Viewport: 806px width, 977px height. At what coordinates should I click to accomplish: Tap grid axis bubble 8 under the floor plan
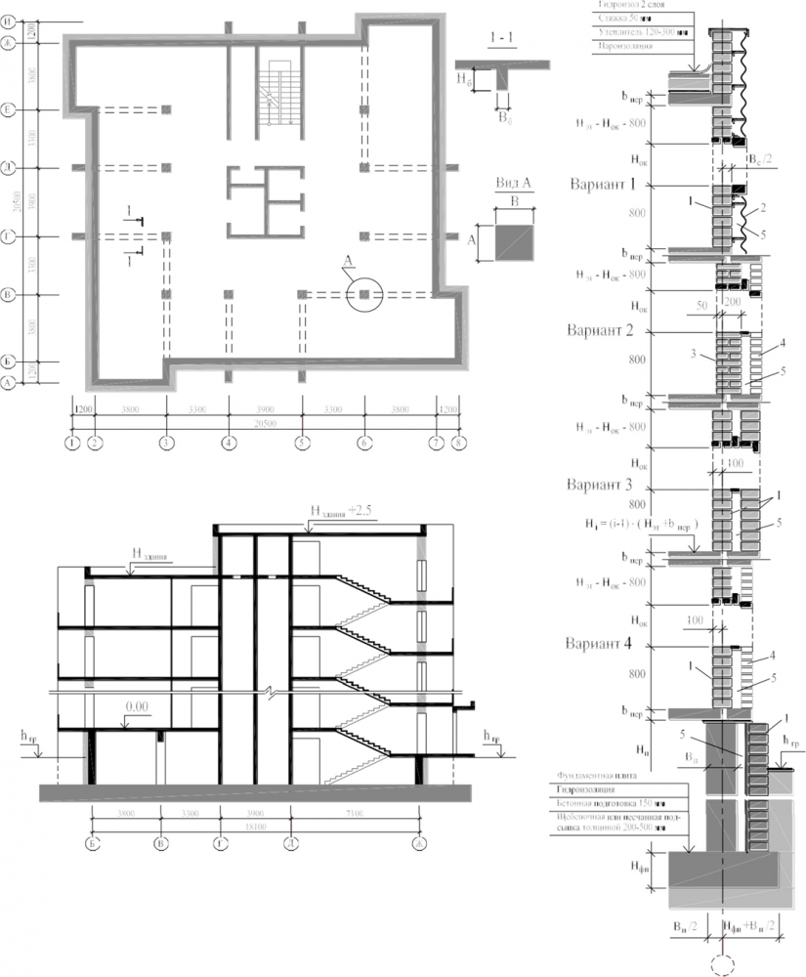pyautogui.click(x=458, y=443)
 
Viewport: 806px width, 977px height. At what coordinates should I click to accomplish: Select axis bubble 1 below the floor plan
pyautogui.click(x=72, y=443)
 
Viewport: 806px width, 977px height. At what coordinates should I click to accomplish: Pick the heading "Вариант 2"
pyautogui.click(x=601, y=330)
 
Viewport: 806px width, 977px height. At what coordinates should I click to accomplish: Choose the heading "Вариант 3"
pyautogui.click(x=601, y=485)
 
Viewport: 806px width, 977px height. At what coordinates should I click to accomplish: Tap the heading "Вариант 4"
pyautogui.click(x=601, y=645)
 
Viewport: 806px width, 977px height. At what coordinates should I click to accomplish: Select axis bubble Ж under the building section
pyautogui.click(x=421, y=843)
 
